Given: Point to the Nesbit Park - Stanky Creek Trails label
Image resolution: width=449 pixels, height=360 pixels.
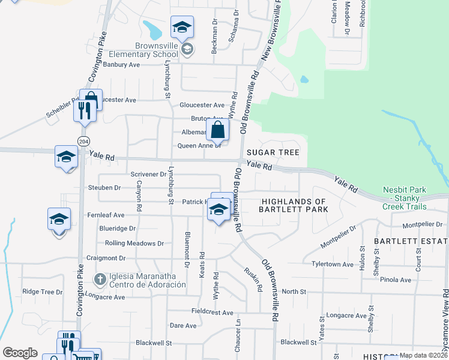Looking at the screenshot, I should point(405,199).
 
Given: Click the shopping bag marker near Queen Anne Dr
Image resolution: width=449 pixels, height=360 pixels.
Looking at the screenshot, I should point(218,129).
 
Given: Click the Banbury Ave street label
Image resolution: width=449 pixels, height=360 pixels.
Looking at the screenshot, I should point(121,64).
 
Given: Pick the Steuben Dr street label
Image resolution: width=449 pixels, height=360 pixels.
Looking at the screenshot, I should point(105,188).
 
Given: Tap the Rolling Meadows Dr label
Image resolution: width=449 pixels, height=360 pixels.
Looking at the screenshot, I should point(134,244).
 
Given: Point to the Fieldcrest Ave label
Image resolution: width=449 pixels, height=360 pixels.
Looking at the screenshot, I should point(212,313).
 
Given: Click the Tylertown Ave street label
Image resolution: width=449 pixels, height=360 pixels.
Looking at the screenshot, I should point(333,264).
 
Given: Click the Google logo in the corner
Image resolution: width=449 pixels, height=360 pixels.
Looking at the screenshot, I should point(20,352).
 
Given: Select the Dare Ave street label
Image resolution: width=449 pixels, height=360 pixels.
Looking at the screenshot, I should point(183,326).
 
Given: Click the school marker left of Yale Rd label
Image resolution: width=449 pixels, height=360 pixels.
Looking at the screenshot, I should point(66,158).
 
